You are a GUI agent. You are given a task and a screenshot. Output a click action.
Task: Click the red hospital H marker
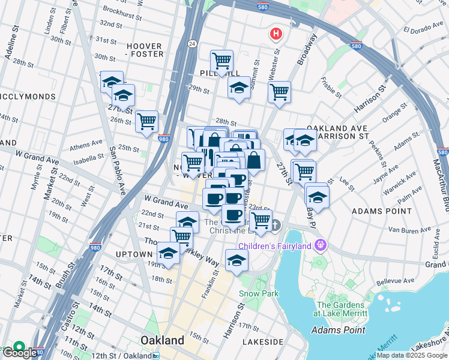276,34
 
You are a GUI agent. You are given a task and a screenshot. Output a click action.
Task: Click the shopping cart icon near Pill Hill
222,61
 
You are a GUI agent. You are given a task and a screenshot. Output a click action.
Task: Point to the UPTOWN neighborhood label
134,254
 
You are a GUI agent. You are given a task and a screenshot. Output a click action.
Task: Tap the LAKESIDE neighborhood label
263,341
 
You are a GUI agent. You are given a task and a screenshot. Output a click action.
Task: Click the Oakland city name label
162,340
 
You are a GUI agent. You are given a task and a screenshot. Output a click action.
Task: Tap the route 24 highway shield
191,43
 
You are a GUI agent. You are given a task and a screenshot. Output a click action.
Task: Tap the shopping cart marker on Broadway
279,92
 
